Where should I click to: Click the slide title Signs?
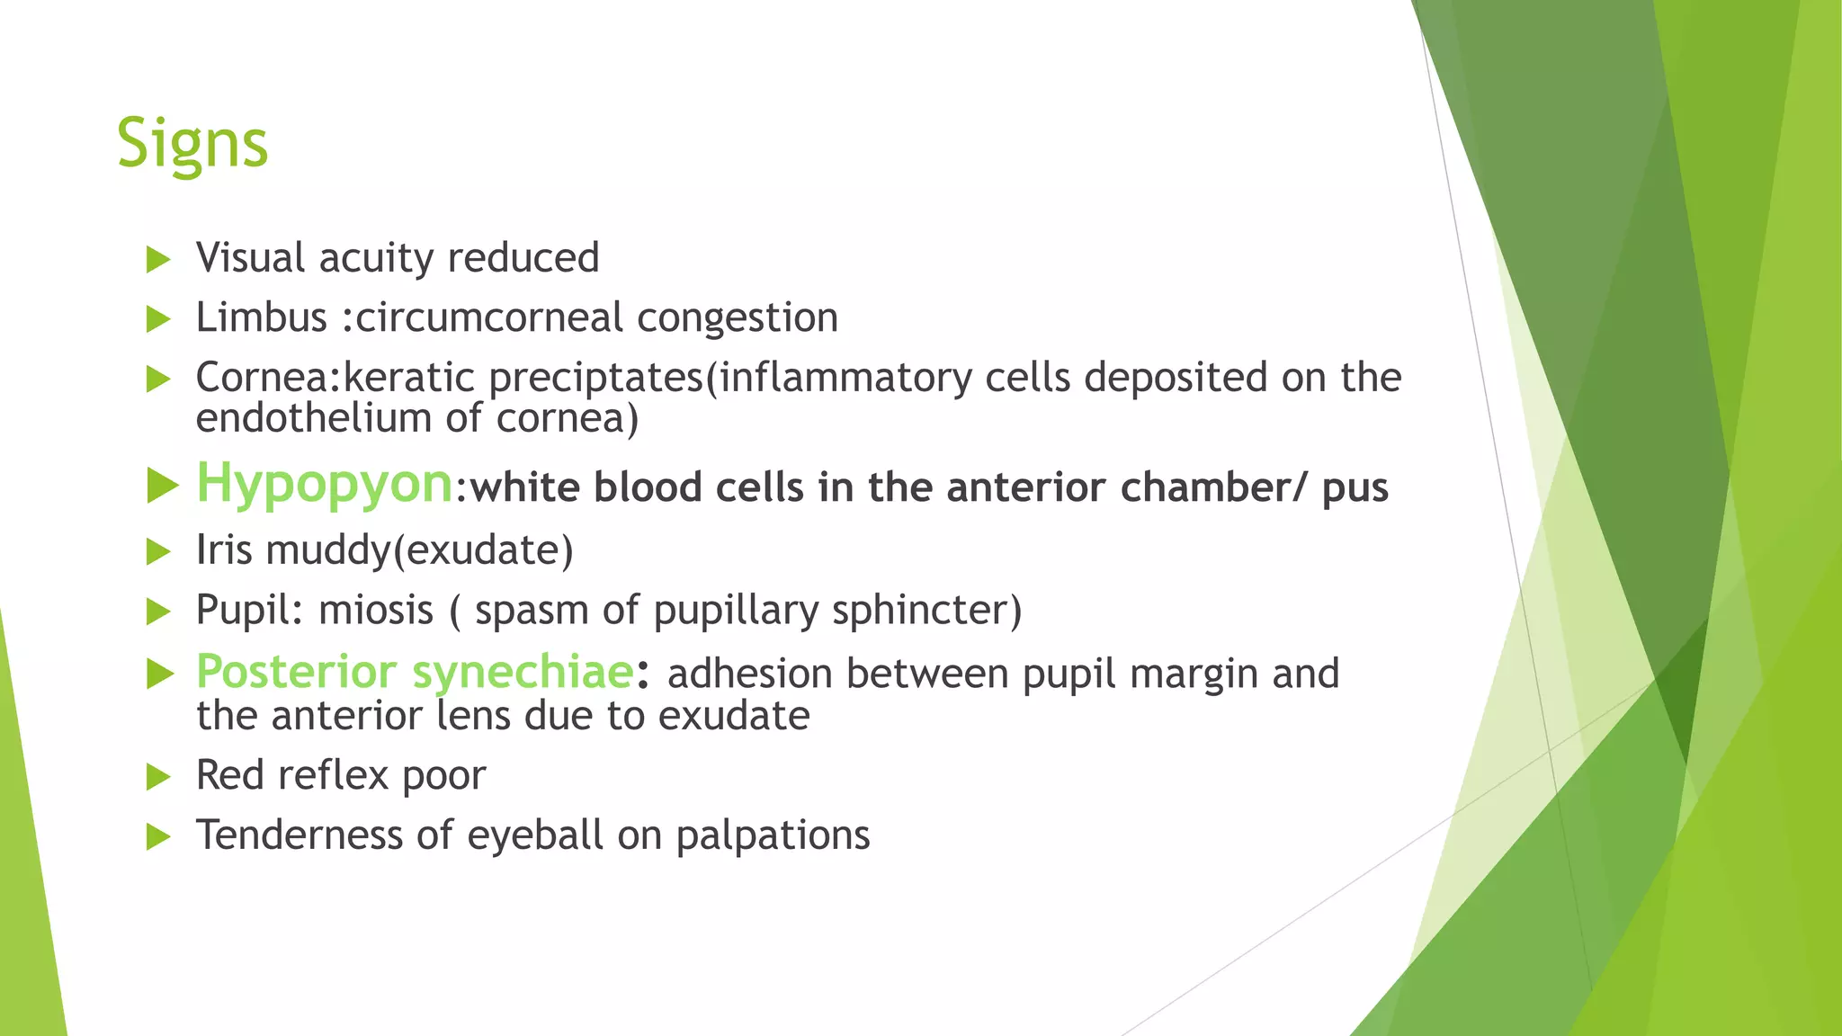click(192, 144)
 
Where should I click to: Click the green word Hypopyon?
click(324, 483)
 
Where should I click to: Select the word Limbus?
click(261, 317)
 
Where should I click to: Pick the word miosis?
click(376, 610)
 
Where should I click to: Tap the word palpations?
click(773, 835)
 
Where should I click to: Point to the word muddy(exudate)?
click(419, 550)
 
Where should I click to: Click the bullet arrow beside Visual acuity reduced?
click(158, 260)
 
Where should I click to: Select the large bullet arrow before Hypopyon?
click(162, 486)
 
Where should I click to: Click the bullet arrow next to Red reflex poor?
click(158, 777)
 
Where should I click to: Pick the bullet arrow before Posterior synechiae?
click(159, 674)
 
